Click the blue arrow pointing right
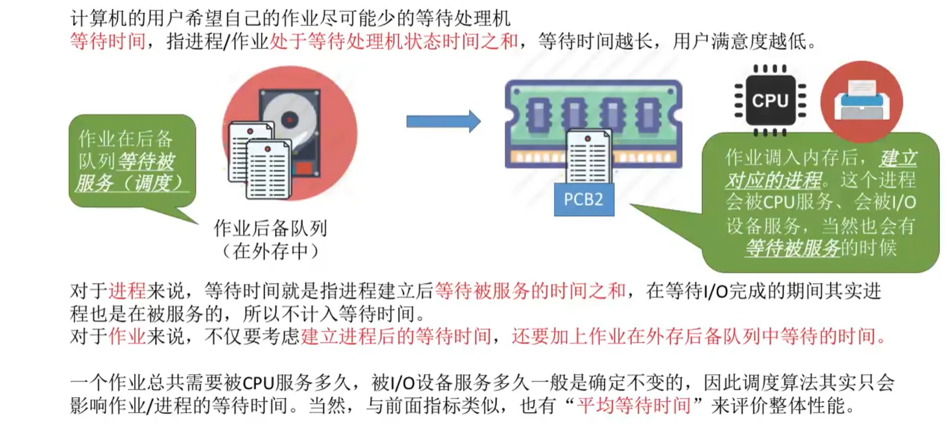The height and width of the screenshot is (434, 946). click(x=443, y=121)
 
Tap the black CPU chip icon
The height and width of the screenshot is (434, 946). click(x=770, y=100)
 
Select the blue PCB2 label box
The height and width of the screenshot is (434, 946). click(x=584, y=199)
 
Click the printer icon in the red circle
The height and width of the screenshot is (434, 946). click(x=861, y=101)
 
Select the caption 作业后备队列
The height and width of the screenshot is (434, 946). click(x=270, y=228)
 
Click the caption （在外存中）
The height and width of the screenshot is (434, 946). click(x=270, y=251)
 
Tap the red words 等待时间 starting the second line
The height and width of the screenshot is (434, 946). click(x=108, y=41)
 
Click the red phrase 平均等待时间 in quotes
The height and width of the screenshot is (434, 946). click(x=634, y=405)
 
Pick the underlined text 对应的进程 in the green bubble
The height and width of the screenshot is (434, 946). click(x=773, y=180)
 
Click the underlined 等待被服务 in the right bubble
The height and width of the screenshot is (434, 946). click(x=793, y=248)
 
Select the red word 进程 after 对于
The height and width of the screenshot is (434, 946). click(x=127, y=291)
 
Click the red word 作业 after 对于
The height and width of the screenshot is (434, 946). click(x=127, y=336)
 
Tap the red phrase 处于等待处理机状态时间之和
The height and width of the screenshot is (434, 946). click(x=393, y=41)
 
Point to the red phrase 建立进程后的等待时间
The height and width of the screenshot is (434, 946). click(x=396, y=336)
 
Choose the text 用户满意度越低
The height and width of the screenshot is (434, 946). click(x=739, y=41)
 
